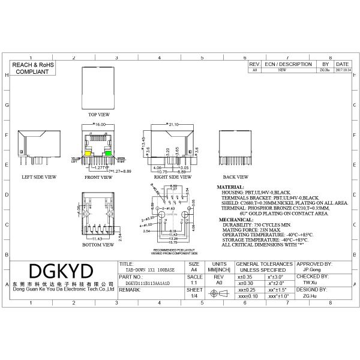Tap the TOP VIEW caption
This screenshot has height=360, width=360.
pyautogui.click(x=99, y=114)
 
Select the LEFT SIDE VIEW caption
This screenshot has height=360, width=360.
pyautogui.click(x=39, y=178)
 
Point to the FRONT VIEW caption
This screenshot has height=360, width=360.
pyautogui.click(x=99, y=178)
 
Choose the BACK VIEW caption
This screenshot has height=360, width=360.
pyautogui.click(x=236, y=178)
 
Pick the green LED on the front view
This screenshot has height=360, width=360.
pyautogui.click(x=109, y=153)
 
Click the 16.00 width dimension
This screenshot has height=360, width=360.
pyautogui.click(x=98, y=124)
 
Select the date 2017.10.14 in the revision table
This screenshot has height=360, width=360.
pyautogui.click(x=342, y=70)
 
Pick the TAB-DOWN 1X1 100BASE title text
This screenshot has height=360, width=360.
pyautogui.click(x=146, y=270)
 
